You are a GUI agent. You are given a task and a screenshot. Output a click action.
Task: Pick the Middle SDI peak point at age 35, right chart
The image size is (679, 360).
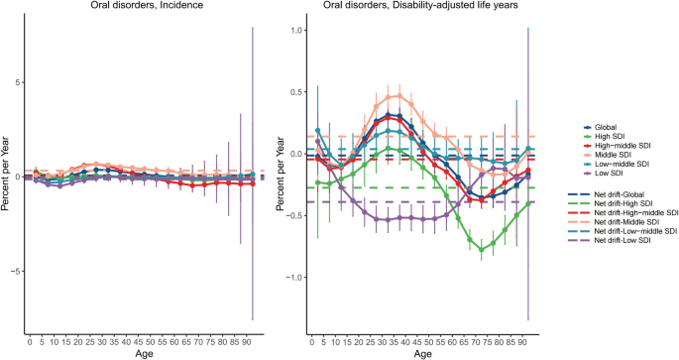tap(398, 96)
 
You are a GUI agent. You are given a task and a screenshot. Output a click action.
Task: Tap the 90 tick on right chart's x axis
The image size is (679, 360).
tap(514, 342)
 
